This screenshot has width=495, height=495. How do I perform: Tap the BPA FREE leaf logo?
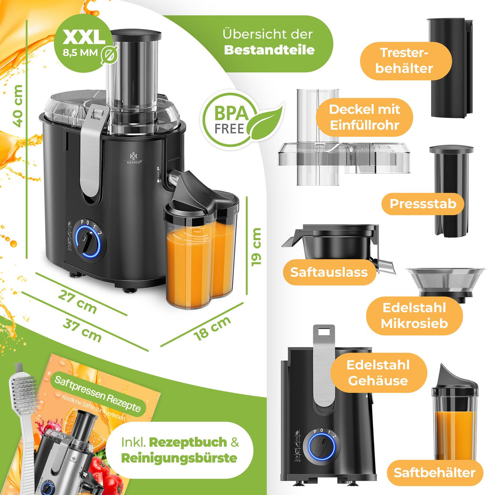tap(242, 119)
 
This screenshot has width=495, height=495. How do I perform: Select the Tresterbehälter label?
tap(406, 61)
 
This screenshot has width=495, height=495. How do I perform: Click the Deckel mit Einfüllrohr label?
tap(364, 117)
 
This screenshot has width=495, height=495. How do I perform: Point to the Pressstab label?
tap(423, 204)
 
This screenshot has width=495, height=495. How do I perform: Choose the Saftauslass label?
tap(329, 272)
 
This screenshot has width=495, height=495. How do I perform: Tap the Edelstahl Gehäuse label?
tap(378, 373)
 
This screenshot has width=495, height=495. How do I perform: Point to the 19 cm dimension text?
tap(256, 246)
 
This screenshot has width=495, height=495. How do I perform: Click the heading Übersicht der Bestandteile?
tap(268, 42)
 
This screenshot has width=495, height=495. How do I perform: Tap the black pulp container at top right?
tap(449, 68)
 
